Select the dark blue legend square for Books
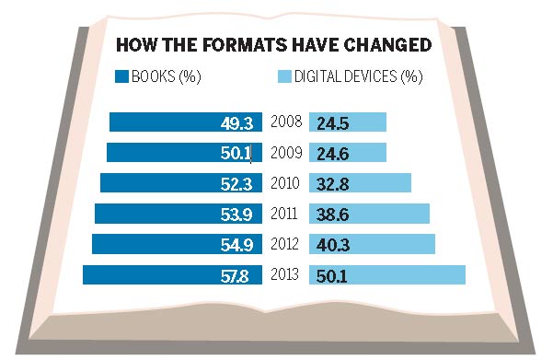119,77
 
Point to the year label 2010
287,183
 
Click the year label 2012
287,244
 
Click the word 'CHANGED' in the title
385,46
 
